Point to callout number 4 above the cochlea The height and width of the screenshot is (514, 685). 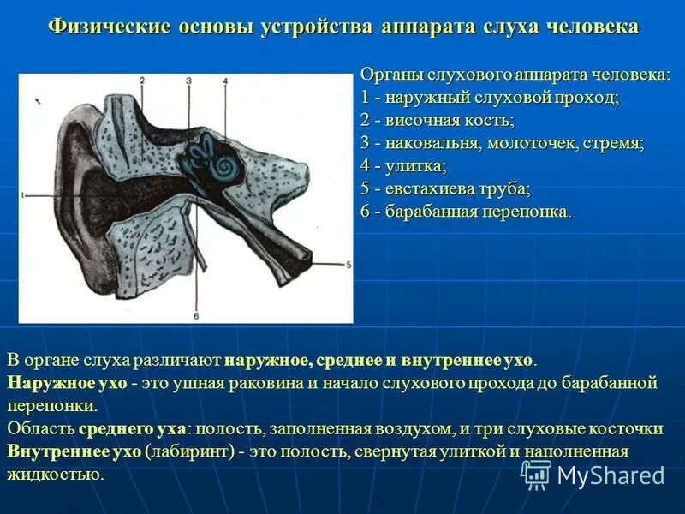pos(225,80)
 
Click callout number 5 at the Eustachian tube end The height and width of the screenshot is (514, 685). pos(348,266)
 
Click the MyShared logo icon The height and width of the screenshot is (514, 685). pos(536,474)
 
